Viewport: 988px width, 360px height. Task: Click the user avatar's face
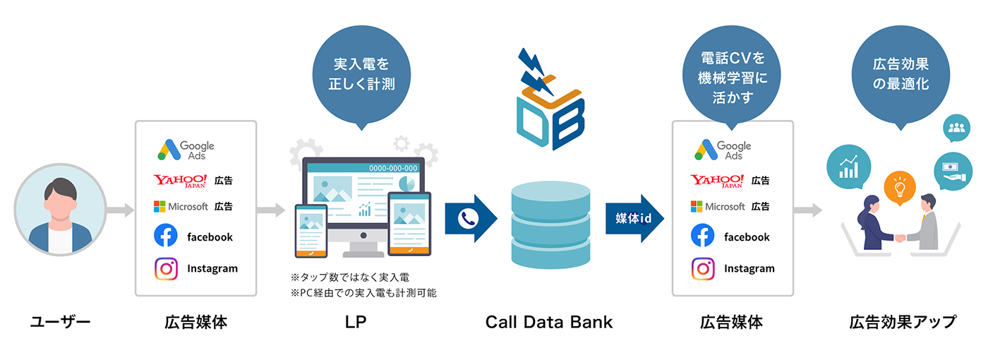click(60, 200)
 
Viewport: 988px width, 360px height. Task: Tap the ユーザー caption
click(60, 323)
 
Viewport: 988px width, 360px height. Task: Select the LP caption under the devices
click(356, 323)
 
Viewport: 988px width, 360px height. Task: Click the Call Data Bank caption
click(549, 323)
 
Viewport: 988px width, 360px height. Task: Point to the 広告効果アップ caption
click(903, 323)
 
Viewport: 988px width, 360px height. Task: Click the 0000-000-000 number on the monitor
click(393, 168)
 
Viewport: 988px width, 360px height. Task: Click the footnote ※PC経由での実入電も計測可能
click(363, 292)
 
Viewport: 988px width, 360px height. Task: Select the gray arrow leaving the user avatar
click(120, 210)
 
